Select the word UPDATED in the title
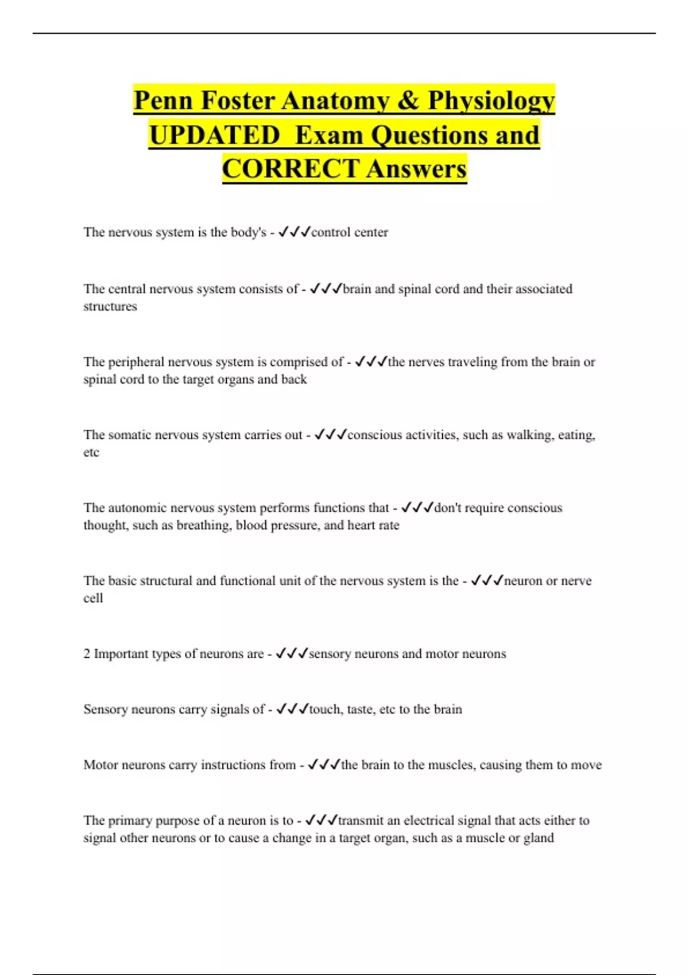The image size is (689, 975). click(x=214, y=135)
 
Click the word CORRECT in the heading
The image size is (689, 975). click(x=291, y=169)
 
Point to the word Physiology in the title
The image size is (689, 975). click(x=491, y=101)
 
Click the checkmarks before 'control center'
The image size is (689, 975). click(x=294, y=232)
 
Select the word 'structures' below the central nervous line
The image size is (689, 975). click(x=110, y=307)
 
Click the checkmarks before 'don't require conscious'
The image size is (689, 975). click(x=417, y=508)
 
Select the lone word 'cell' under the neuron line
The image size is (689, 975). click(x=93, y=598)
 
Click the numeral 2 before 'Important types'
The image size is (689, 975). click(x=87, y=654)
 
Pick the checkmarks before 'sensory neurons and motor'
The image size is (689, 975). click(x=292, y=654)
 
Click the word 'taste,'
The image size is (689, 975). click(x=360, y=709)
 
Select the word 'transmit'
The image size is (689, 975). click(x=362, y=821)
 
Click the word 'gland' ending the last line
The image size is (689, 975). click(x=539, y=838)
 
